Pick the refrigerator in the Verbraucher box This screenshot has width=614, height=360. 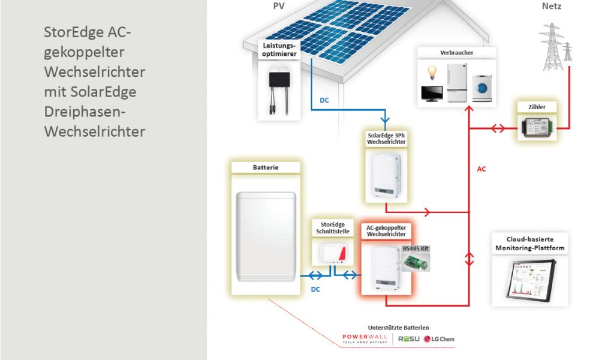(x=458, y=83)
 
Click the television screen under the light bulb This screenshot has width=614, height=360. (x=432, y=94)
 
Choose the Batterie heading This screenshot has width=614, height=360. (x=265, y=168)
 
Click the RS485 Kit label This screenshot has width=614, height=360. (x=416, y=248)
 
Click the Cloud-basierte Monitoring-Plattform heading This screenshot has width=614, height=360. (x=529, y=244)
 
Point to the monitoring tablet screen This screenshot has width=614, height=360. (x=531, y=282)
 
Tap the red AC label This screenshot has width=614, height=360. (x=481, y=169)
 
